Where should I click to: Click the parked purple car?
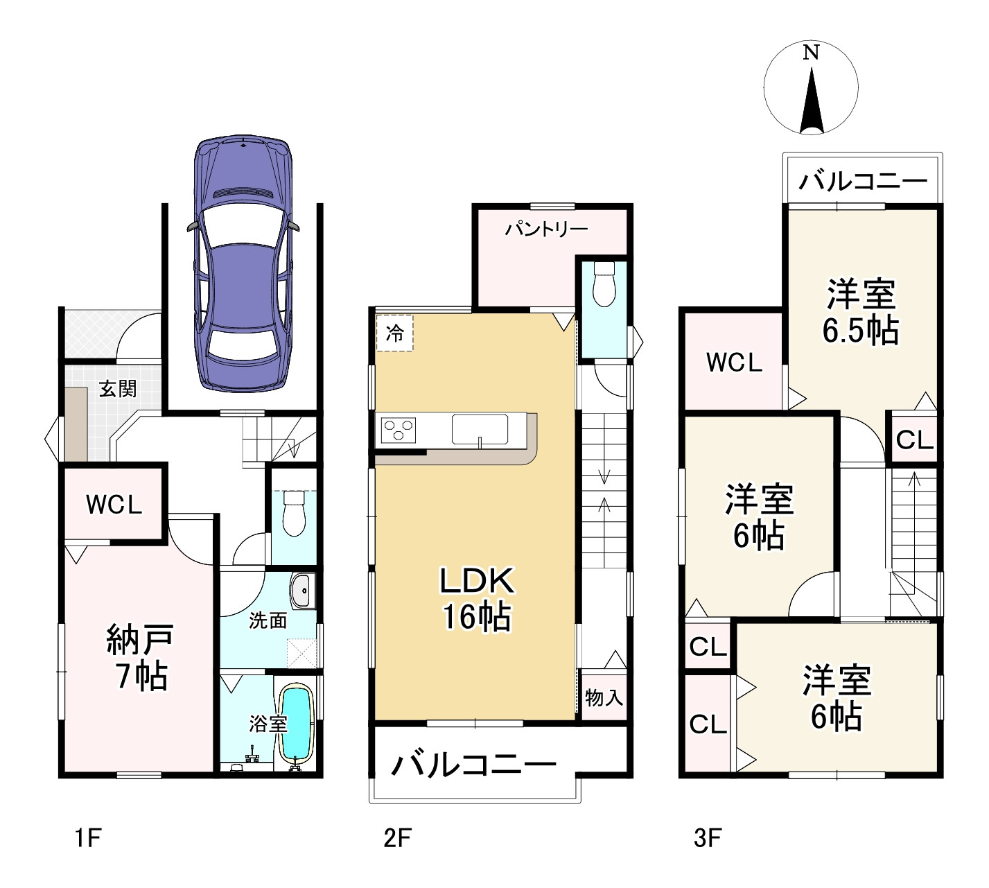pos(243,263)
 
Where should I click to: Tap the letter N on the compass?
pos(811,53)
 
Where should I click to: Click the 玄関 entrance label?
pos(118,389)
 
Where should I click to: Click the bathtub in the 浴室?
pos(295,727)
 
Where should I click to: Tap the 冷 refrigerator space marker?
pos(395,333)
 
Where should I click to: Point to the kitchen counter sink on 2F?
pos(480,430)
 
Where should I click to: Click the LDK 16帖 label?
pos(477,599)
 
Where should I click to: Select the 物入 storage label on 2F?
pos(604,698)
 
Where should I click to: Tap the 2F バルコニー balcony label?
pos(473,765)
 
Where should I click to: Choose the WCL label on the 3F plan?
pos(734,363)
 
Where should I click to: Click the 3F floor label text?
pos(708,839)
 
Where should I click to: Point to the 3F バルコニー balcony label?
pos(863,182)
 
